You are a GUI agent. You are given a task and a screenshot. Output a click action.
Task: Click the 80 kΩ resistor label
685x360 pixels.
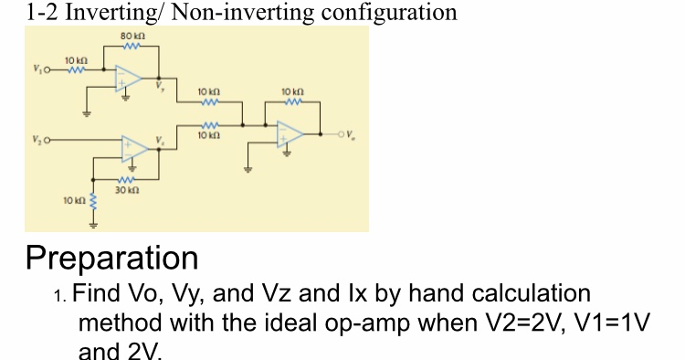coord(127,35)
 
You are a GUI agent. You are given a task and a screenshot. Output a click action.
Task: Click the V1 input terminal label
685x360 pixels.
coord(37,69)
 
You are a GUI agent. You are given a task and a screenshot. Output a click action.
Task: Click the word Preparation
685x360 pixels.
coord(112,258)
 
